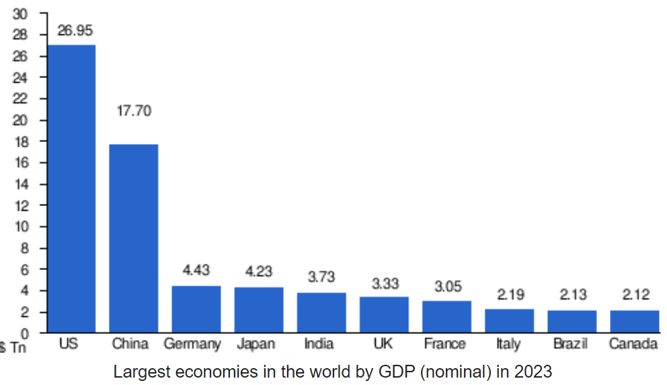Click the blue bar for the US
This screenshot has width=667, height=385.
(x=71, y=188)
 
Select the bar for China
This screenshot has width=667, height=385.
(x=134, y=238)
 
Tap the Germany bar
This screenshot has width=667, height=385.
(x=196, y=309)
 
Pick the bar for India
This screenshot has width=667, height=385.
(x=321, y=312)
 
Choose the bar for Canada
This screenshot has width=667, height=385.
(x=634, y=321)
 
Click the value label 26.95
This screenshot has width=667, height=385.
(x=75, y=30)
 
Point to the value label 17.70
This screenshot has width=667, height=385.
(x=134, y=111)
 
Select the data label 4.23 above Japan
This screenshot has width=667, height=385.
(x=259, y=271)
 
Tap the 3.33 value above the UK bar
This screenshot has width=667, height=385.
(x=385, y=283)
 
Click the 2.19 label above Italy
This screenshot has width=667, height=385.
(x=510, y=294)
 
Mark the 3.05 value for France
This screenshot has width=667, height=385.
(x=447, y=287)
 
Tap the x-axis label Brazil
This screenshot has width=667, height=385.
(x=571, y=344)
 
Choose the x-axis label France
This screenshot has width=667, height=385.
(x=444, y=344)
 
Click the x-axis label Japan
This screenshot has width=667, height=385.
(x=256, y=344)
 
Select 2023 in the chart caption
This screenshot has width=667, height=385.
(x=534, y=372)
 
